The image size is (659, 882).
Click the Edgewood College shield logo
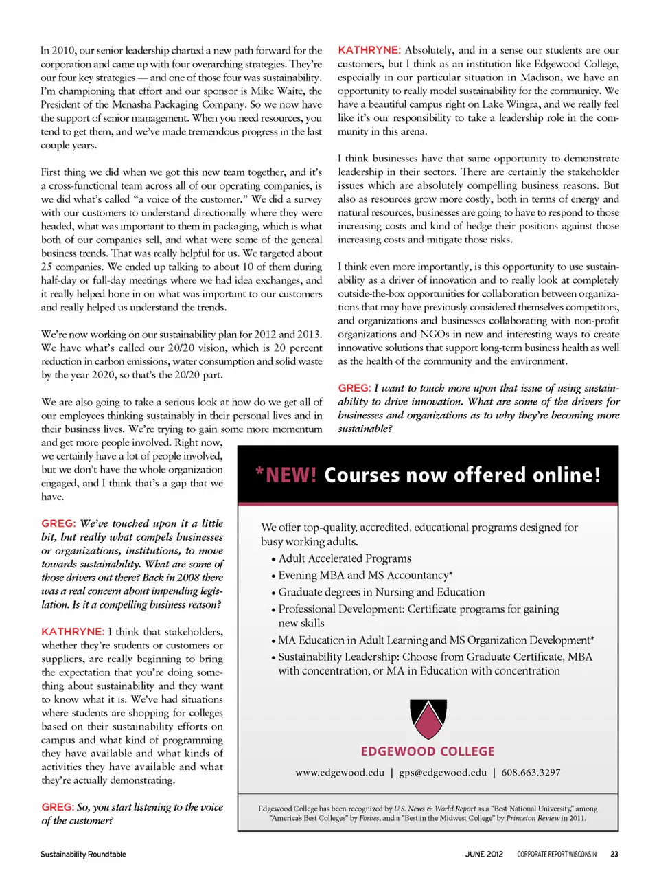(x=428, y=719)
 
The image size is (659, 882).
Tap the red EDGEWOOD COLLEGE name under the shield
(x=428, y=751)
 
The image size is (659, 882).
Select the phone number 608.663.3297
(x=531, y=772)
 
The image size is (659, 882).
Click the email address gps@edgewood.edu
(x=443, y=772)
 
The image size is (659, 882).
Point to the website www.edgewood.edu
(x=340, y=772)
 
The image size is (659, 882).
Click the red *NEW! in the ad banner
(x=286, y=475)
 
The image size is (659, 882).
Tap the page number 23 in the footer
(x=614, y=854)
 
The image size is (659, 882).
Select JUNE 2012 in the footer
(x=484, y=854)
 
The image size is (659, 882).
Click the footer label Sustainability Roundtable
(x=83, y=854)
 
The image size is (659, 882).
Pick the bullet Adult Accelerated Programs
(x=345, y=558)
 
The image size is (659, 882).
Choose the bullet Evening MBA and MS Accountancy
(x=365, y=576)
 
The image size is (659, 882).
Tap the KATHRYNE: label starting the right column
(x=369, y=50)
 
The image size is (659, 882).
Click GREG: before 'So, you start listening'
(x=58, y=807)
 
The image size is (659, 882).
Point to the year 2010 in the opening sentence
(x=63, y=50)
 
